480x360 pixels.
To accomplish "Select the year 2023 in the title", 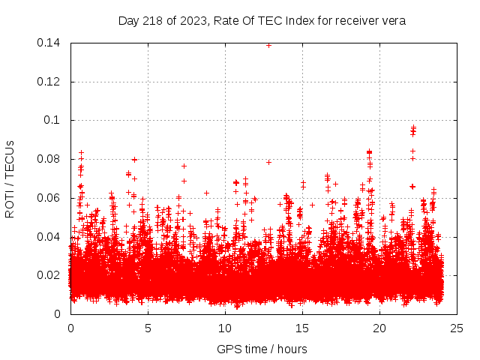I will (x=187, y=21).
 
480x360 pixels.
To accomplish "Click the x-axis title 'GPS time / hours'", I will (x=262, y=349).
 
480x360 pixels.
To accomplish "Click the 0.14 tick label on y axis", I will (x=49, y=43).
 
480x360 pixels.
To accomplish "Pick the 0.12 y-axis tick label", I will (x=49, y=82).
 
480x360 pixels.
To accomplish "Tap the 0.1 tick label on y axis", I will (x=53, y=120).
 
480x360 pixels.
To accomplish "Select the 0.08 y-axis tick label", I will (x=49, y=159).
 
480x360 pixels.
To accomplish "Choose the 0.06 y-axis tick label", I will (x=49, y=198).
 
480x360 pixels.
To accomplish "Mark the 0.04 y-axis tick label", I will (x=49, y=236).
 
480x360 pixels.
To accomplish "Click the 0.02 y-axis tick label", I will (x=49, y=275).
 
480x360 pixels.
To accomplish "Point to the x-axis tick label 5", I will (x=148, y=328).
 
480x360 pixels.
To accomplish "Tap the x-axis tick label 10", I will (x=226, y=328).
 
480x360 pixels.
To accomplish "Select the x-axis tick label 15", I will (x=303, y=328).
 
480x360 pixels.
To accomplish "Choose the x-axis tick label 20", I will (x=380, y=328).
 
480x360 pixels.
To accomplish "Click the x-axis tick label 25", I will (x=457, y=328).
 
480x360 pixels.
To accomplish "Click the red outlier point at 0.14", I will (x=268, y=45).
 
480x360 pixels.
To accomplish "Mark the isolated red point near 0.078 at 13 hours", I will (x=268, y=162).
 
